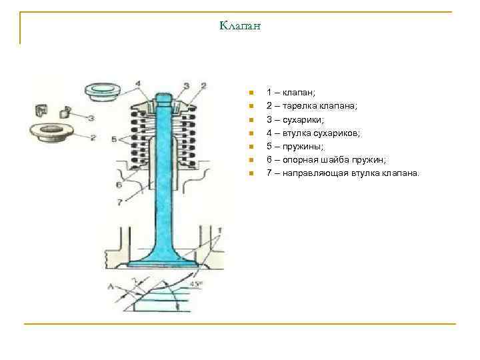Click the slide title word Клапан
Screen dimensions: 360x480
239,26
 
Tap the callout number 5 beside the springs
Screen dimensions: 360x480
114,139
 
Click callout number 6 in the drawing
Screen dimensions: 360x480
118,184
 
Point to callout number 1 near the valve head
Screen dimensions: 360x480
219,230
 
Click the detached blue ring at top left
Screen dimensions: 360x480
103,91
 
